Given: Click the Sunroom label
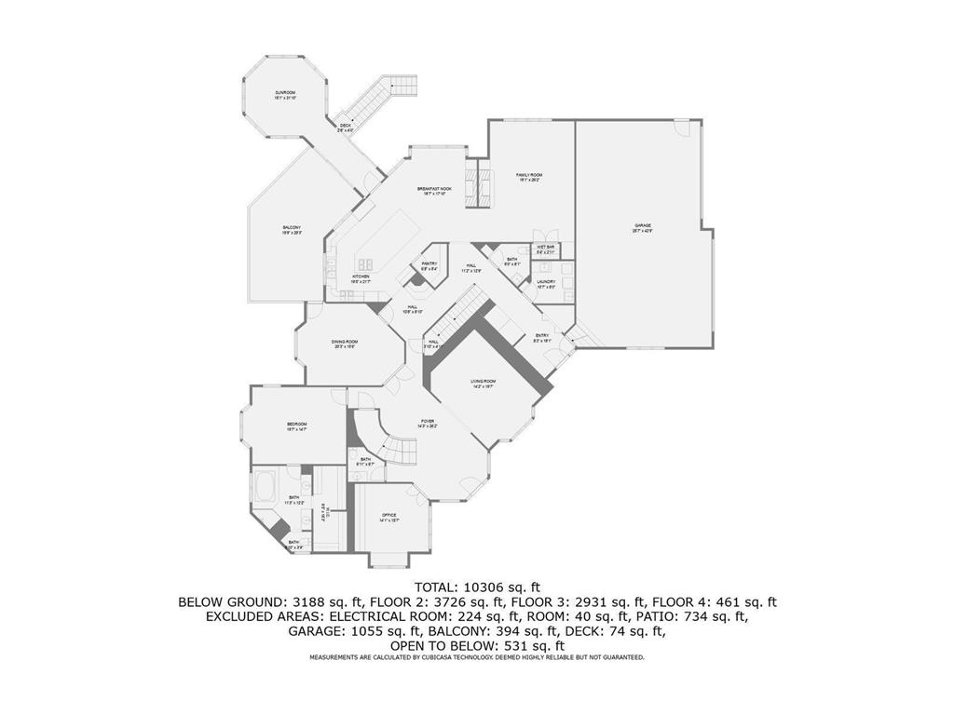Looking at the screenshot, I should (x=285, y=94).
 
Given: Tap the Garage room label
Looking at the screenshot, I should (x=643, y=226).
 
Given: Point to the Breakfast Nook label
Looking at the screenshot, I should (x=434, y=190).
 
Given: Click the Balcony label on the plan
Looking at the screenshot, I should (x=292, y=230).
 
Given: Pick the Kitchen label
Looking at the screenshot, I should (x=361, y=277).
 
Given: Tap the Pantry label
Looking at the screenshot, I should (x=429, y=265).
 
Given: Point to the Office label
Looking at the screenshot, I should (x=389, y=517).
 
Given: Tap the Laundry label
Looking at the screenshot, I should (x=546, y=283).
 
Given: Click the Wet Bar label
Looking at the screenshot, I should (x=546, y=249).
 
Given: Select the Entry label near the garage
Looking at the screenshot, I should (x=542, y=337).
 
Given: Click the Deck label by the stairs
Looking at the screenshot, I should (x=346, y=127).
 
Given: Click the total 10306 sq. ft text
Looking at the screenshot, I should (x=477, y=587).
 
